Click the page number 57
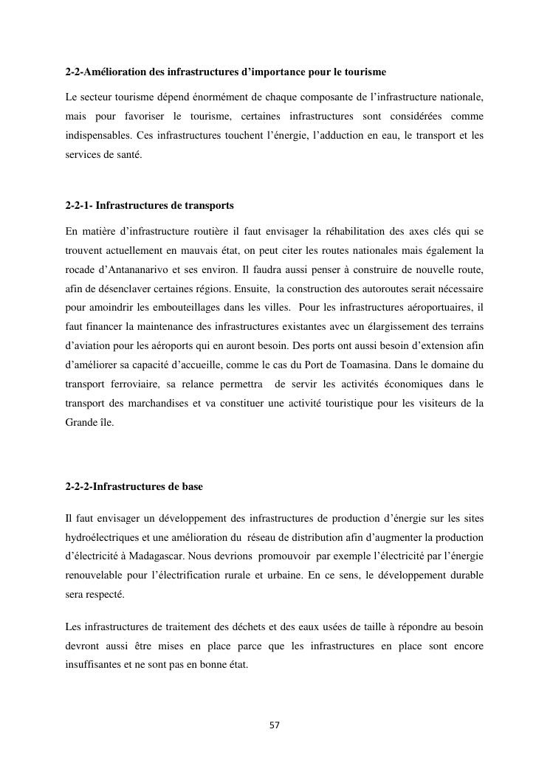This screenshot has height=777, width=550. [275, 725]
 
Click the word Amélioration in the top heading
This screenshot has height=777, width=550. [117, 73]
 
